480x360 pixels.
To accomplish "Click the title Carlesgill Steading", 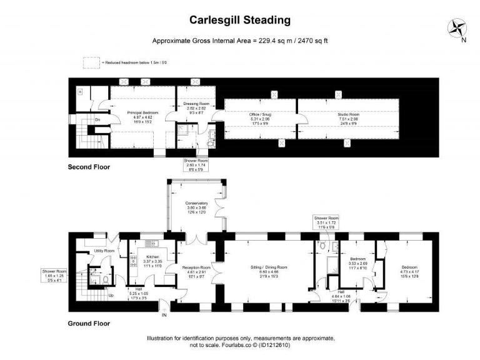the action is click(240, 20).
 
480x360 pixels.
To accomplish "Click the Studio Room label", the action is click(349, 115).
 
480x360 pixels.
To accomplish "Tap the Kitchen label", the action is click(154, 257).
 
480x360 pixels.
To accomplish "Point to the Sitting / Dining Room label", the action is click(269, 267).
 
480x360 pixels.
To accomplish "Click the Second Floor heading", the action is click(89, 167).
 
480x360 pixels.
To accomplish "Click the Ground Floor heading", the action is click(89, 324).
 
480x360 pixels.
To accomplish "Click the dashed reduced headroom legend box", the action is click(91, 62).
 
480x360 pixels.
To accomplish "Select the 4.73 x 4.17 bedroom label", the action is click(410, 267).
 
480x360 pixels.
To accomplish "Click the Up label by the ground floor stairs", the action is click(112, 295).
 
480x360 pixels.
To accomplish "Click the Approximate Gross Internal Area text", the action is click(240, 41).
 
